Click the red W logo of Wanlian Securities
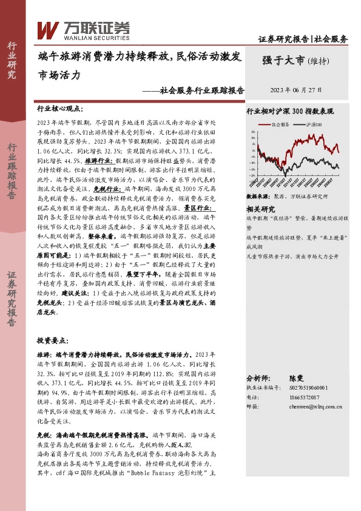point(48,28)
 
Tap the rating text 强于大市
point(283,59)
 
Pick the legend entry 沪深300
point(313,124)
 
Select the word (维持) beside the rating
point(319,60)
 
